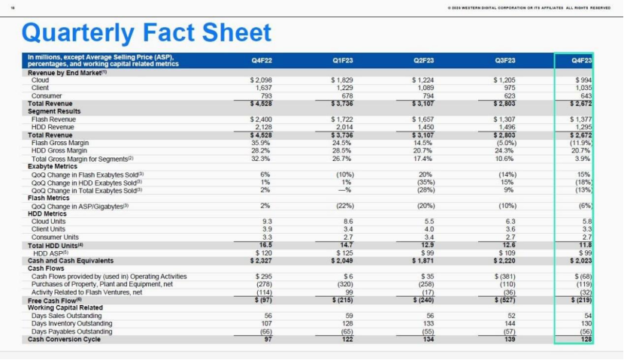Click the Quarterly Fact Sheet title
pyautogui.click(x=147, y=32)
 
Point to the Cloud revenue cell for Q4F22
pyautogui.click(x=263, y=80)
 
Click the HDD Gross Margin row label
pyautogui.click(x=60, y=151)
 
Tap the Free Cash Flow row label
pyautogui.click(x=55, y=300)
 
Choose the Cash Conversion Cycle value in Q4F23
pyautogui.click(x=585, y=340)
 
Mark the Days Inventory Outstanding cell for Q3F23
pyautogui.click(x=509, y=324)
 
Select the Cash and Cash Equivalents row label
pyautogui.click(x=70, y=261)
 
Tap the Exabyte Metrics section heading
pyautogui.click(x=52, y=166)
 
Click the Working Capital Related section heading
pyautogui.click(x=65, y=307)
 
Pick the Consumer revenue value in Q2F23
pyautogui.click(x=427, y=95)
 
